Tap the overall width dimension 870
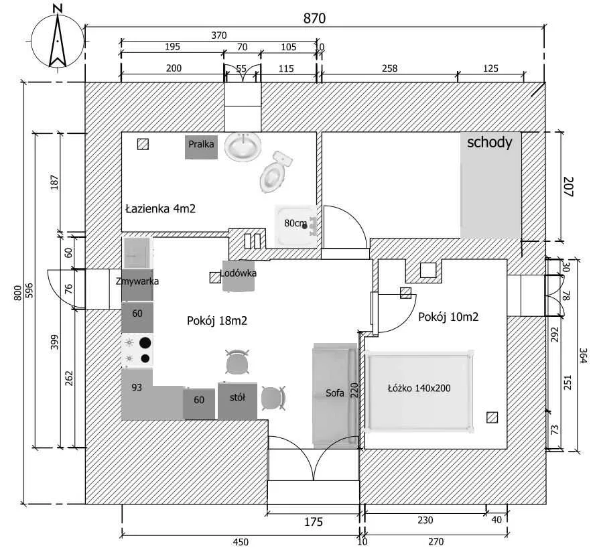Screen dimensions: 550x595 click(x=314, y=18)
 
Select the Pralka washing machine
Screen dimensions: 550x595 click(x=202, y=147)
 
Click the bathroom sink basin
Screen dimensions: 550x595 click(x=243, y=146)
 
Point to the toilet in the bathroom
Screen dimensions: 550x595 click(x=274, y=173)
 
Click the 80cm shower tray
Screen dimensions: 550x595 click(x=297, y=224)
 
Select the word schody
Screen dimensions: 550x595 click(x=490, y=142)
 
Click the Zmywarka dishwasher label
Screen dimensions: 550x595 click(x=137, y=281)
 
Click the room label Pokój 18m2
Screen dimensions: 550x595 click(x=217, y=320)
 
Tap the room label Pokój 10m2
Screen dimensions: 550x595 click(x=448, y=317)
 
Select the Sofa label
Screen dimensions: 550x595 click(x=335, y=393)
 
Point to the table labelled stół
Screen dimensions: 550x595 click(x=237, y=398)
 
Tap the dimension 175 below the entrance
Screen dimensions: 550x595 click(x=314, y=522)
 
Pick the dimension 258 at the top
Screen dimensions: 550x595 click(x=389, y=68)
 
